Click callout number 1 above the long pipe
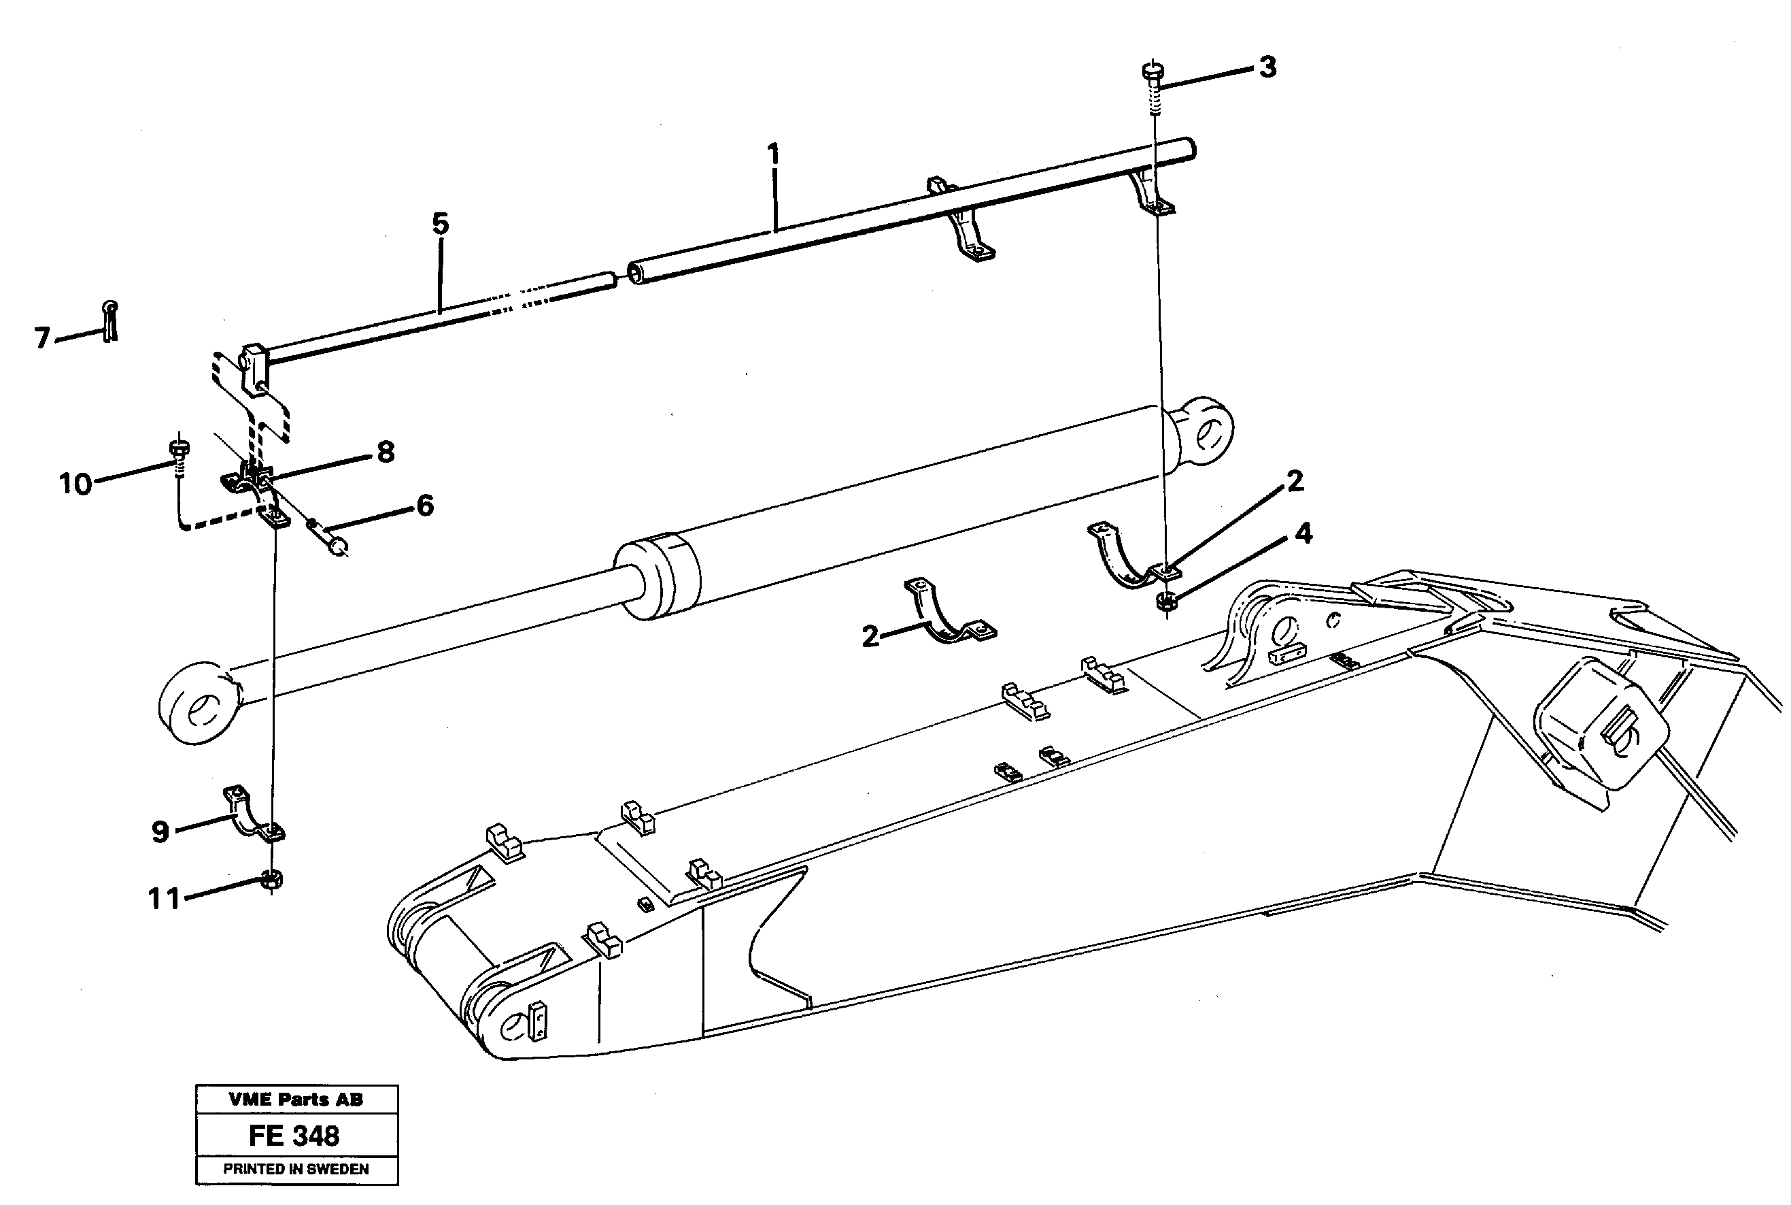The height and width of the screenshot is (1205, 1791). (x=773, y=154)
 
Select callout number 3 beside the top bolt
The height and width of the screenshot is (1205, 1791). (x=1268, y=67)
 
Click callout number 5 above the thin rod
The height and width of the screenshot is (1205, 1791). (x=440, y=224)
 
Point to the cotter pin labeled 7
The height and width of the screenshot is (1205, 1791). (x=111, y=320)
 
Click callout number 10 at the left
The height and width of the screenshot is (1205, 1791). (x=75, y=484)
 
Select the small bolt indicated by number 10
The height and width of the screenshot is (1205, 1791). (x=179, y=449)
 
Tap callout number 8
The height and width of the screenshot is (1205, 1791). (x=386, y=452)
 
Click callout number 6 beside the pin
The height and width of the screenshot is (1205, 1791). (x=426, y=506)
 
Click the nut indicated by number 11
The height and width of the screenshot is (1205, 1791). (x=272, y=880)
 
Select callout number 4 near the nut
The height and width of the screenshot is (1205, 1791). (x=1303, y=533)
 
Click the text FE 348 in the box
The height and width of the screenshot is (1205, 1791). (x=294, y=1136)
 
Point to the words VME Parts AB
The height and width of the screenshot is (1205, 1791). (x=296, y=1100)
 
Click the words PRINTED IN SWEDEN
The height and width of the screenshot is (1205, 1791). (x=296, y=1169)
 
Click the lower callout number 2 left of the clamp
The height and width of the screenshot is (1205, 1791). (x=870, y=636)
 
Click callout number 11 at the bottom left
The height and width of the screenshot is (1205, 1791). (x=164, y=898)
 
